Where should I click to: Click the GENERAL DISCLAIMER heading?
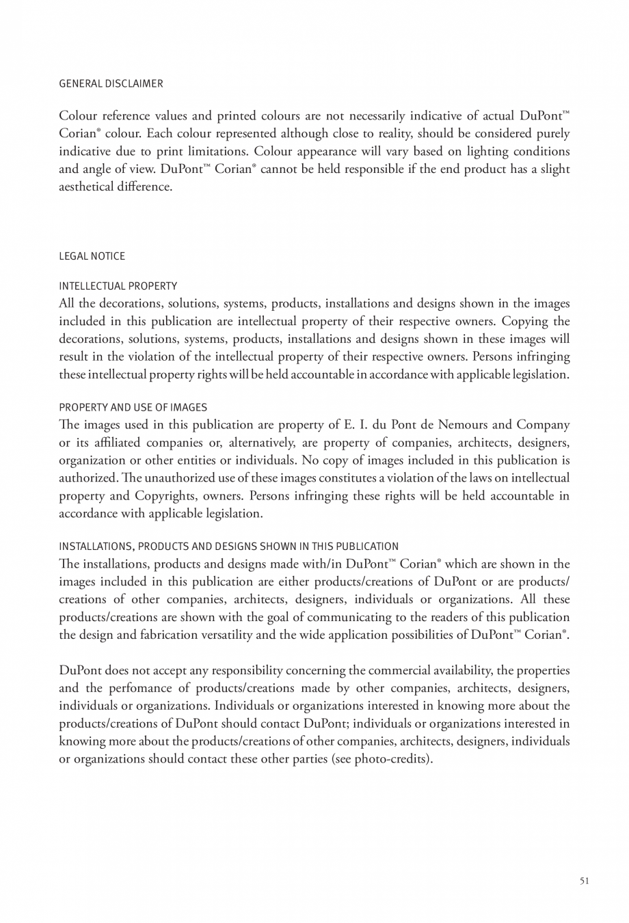[x=111, y=83]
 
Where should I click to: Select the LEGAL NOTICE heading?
[x=92, y=256]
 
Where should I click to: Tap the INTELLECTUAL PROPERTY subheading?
[x=118, y=286]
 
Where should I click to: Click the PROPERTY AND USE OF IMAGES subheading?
[x=133, y=407]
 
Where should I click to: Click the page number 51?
[x=584, y=881]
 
